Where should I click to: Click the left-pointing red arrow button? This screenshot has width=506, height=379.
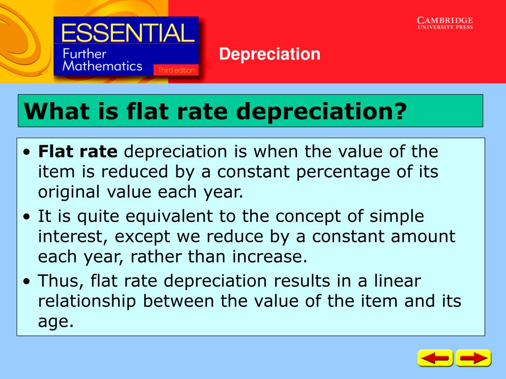(x=435, y=358)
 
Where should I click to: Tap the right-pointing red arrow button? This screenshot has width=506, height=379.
(x=473, y=358)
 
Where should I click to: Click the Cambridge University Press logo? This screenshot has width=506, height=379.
(x=445, y=23)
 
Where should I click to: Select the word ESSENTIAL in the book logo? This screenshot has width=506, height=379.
(x=126, y=34)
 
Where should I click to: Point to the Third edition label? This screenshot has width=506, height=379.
(x=176, y=70)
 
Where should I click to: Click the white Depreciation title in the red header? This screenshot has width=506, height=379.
(x=270, y=54)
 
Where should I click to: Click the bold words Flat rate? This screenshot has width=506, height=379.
(x=78, y=152)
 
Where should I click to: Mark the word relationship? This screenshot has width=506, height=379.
(x=86, y=301)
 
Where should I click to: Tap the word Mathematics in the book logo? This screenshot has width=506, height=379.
(x=102, y=66)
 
